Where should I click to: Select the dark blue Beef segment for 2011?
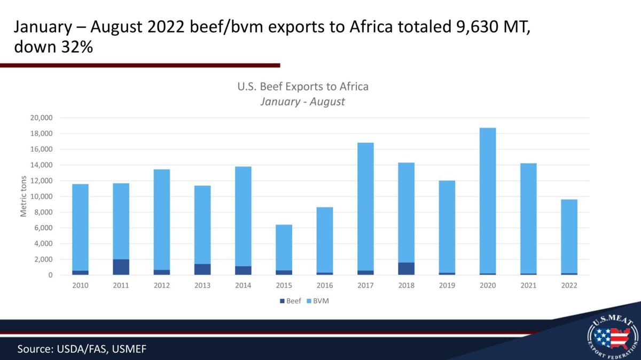[121, 267]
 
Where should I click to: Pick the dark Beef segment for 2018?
[406, 269]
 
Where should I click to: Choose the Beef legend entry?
[291, 301]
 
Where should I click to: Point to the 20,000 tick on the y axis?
[41, 118]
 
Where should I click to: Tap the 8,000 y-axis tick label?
[43, 212]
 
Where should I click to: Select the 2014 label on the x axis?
[243, 285]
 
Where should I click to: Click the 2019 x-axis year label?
[447, 285]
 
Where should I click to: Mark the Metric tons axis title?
[24, 197]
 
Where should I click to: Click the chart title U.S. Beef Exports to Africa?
[303, 86]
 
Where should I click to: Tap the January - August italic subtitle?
[302, 101]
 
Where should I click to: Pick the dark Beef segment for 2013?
[202, 269]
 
